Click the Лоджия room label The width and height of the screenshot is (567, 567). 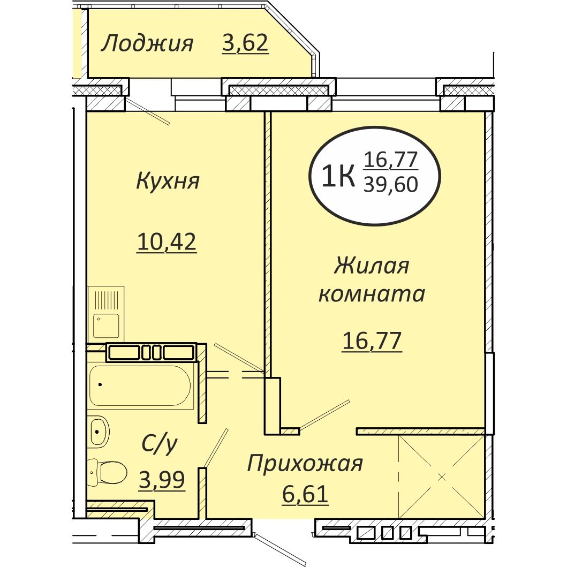coord(147,43)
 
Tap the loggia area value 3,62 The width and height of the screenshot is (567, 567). coord(245,43)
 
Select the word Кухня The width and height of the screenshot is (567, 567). coord(168,181)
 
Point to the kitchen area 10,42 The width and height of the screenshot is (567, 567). coord(167,242)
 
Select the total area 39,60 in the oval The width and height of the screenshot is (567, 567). coord(390,185)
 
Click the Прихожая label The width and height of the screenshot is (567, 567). coord(305,464)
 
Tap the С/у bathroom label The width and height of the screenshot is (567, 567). coord(160,444)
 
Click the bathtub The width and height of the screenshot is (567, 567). coord(140,386)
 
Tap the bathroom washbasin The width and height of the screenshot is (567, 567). coord(99,429)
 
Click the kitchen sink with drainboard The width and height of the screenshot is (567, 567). coord(106,314)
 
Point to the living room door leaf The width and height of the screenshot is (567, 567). coord(324,415)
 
